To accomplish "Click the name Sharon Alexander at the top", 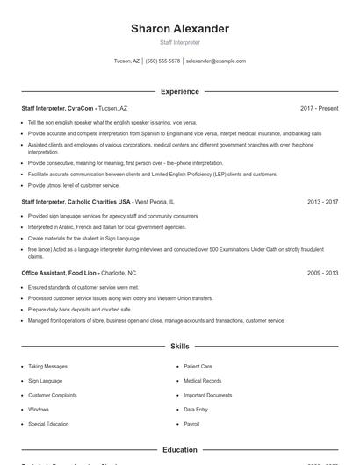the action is click(x=179, y=29).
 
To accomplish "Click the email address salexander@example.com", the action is click(x=216, y=61).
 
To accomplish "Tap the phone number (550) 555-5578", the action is click(x=162, y=61).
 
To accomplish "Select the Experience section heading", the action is click(x=179, y=91).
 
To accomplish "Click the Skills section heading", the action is click(x=179, y=347).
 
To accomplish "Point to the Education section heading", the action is click(x=179, y=450).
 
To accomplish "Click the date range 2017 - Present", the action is click(x=319, y=108).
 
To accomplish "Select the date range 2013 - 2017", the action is click(x=322, y=202).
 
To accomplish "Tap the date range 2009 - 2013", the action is click(x=322, y=273).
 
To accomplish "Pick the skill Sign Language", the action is click(x=45, y=381).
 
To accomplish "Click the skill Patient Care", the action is click(x=198, y=367).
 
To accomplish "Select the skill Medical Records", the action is click(x=202, y=381).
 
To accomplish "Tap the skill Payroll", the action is click(x=191, y=424).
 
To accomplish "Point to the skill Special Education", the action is click(x=48, y=424).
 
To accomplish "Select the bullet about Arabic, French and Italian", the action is click(x=106, y=226).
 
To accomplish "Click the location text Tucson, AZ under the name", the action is click(x=126, y=61).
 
